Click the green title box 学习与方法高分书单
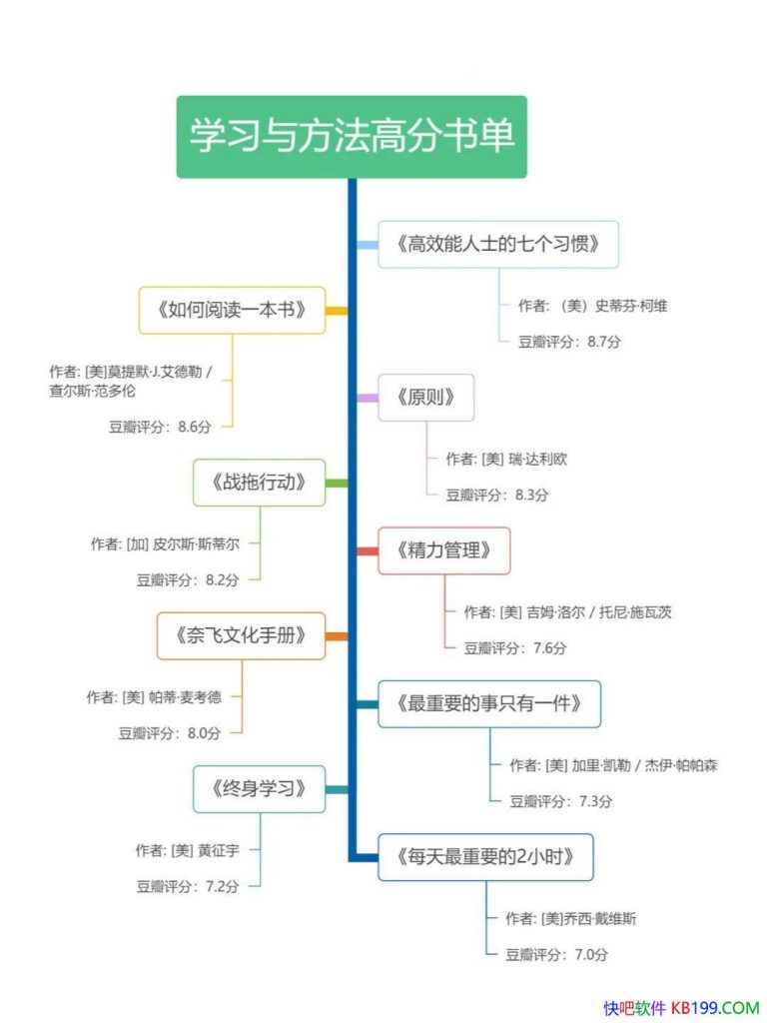click(x=352, y=137)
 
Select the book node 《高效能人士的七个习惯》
click(x=497, y=244)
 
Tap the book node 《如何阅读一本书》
click(x=232, y=310)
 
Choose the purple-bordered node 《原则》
click(x=425, y=398)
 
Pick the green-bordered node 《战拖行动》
click(x=259, y=483)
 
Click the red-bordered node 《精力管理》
click(x=443, y=550)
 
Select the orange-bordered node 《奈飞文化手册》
click(x=241, y=635)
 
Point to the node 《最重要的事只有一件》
click(x=488, y=704)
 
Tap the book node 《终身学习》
click(x=259, y=789)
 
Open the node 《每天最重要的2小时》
click(x=484, y=857)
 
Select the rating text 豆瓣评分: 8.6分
click(x=160, y=427)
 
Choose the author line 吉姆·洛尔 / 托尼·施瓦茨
click(x=567, y=612)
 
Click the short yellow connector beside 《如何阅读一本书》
click(x=337, y=311)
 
